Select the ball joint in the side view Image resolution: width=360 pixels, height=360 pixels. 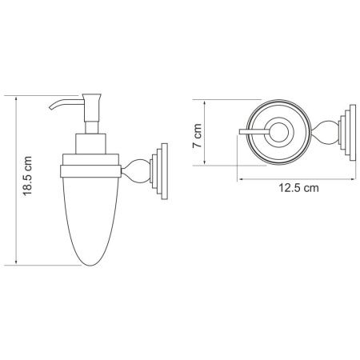tap(134, 168)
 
